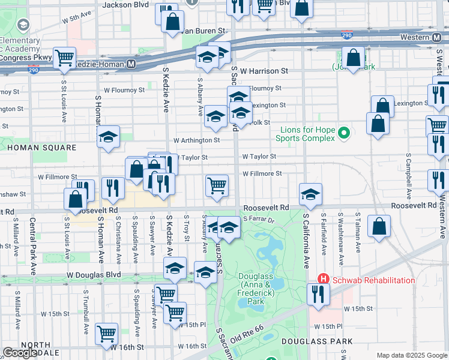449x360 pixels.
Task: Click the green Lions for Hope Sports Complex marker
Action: coord(344,133)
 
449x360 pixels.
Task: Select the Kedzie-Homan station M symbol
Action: coord(130,64)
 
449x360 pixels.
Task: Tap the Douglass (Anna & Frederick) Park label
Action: coord(256,288)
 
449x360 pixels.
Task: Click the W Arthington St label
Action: coord(197,140)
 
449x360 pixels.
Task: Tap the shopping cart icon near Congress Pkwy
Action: coord(64,58)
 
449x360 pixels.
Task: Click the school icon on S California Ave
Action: coord(310,194)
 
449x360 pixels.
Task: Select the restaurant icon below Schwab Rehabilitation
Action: coord(318,293)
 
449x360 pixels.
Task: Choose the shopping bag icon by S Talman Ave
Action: coord(379,226)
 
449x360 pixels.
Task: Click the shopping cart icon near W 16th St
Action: coord(106,332)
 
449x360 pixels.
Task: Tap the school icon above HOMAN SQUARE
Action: coord(109,137)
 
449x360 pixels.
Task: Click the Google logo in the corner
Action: coord(20,353)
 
